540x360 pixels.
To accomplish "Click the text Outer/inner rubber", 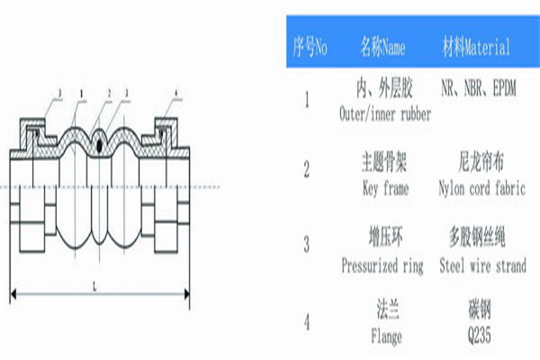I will [385, 114].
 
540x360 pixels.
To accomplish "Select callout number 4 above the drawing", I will [175, 93].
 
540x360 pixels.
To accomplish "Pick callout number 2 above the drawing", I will [109, 93].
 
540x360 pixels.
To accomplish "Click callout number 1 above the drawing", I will [83, 93].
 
